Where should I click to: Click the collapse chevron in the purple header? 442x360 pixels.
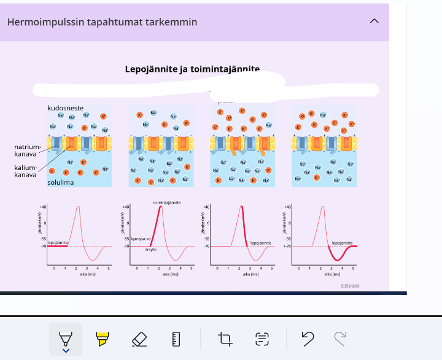(374, 21)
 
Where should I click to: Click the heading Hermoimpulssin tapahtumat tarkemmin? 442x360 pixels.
(102, 22)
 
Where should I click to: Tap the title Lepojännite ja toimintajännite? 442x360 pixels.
(192, 69)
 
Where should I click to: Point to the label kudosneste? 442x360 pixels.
(66, 108)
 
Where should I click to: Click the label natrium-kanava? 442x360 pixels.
(28, 150)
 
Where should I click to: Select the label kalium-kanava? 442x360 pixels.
(25, 171)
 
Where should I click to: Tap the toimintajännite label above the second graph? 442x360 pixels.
(166, 202)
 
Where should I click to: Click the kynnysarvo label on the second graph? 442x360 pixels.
(141, 239)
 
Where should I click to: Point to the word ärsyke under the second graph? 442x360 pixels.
(151, 250)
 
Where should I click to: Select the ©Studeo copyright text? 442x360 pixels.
(350, 285)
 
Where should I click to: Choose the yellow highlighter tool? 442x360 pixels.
(102, 339)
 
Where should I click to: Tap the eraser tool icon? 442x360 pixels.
(139, 339)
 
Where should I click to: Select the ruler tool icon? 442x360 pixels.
(176, 339)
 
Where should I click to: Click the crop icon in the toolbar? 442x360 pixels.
(225, 339)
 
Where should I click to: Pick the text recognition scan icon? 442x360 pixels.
(262, 339)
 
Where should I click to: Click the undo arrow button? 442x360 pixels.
(308, 338)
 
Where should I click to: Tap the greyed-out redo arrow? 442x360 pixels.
(339, 338)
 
